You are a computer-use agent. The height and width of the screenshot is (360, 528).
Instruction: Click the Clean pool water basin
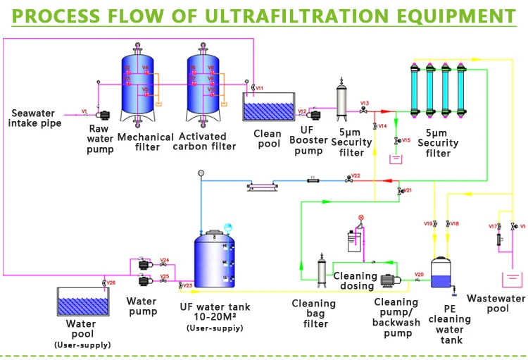coord(268,109)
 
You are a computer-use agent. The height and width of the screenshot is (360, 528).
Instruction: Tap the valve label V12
coord(301,111)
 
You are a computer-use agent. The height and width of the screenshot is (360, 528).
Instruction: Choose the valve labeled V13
coord(364,104)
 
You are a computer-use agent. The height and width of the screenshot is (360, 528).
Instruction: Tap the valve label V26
coord(111,283)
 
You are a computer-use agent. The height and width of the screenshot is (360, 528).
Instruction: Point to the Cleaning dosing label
coord(353,281)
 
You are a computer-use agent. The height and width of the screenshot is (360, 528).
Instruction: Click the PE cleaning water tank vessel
coord(441,272)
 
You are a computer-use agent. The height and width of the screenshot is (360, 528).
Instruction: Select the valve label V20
coord(418,274)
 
